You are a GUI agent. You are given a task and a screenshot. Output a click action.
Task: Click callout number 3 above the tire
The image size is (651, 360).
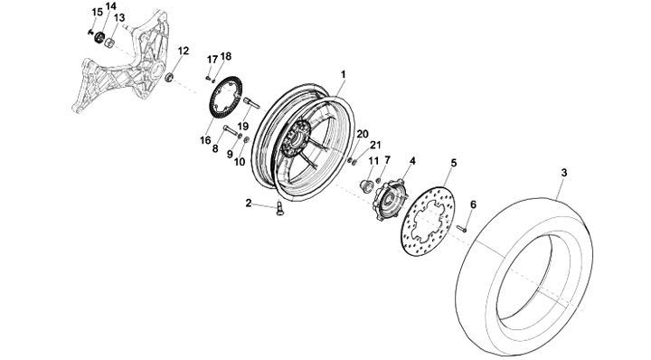coord(564,173)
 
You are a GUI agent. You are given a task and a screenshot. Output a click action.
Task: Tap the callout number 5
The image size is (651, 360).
coord(454,163)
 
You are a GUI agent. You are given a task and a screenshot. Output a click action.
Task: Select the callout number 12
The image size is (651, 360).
coord(183,51)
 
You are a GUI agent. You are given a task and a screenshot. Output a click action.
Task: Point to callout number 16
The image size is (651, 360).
coord(205,140)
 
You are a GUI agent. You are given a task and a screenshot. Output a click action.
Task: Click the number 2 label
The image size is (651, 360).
coord(249,203)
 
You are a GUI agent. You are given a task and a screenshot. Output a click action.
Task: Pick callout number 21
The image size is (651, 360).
coord(375,145)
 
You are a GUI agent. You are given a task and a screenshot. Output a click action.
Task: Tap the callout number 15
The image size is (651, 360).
coord(97,13)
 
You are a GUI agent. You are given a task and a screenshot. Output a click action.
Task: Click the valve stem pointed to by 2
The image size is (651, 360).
coord(279,208)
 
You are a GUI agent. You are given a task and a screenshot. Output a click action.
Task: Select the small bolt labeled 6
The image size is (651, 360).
coord(462,228)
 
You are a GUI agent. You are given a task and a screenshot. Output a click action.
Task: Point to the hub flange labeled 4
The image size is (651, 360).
coord(391,199)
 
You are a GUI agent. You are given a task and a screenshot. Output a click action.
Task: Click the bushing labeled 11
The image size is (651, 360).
coord(365,185)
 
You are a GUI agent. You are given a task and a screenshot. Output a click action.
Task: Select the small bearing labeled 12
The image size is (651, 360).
coord(169,77)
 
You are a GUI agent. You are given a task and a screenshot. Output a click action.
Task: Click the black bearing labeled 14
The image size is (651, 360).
coord(99,37)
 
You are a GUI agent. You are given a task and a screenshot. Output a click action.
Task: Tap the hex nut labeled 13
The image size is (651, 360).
coord(109,43)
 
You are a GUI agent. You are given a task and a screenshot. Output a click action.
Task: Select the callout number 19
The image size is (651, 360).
coord(242,126)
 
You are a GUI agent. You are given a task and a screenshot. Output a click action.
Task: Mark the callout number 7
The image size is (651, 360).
coord(387,159)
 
